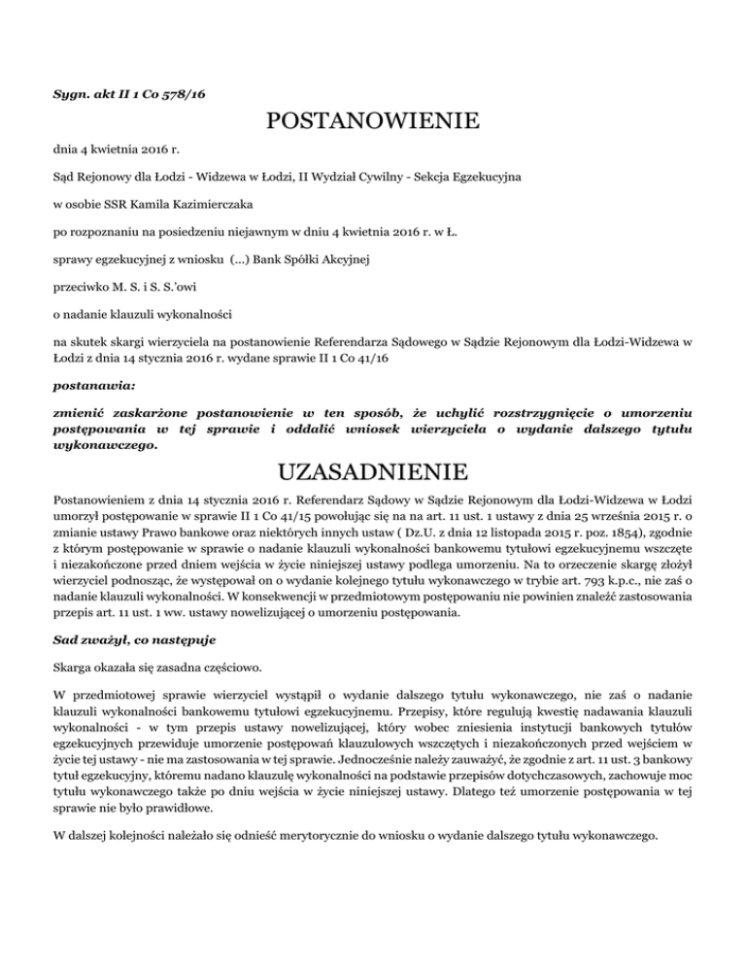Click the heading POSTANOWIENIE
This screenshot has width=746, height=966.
372,122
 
